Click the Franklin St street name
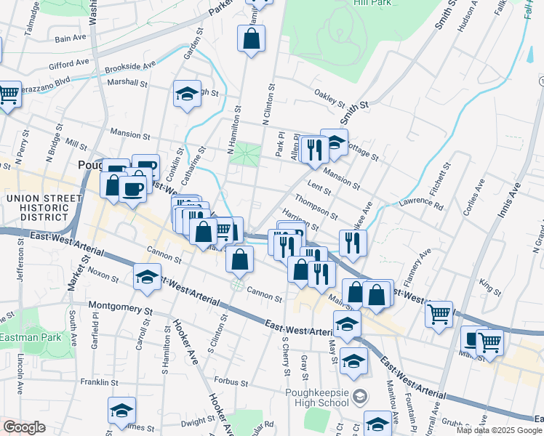pyautogui.click(x=100, y=381)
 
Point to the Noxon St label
pyautogui.click(x=103, y=275)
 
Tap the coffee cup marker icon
pyautogui.click(x=132, y=189)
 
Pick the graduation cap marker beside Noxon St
pyautogui.click(x=147, y=276)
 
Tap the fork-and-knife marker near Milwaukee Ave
pyautogui.click(x=353, y=243)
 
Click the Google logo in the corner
pyautogui.click(x=24, y=427)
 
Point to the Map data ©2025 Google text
pyautogui.click(x=498, y=430)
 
